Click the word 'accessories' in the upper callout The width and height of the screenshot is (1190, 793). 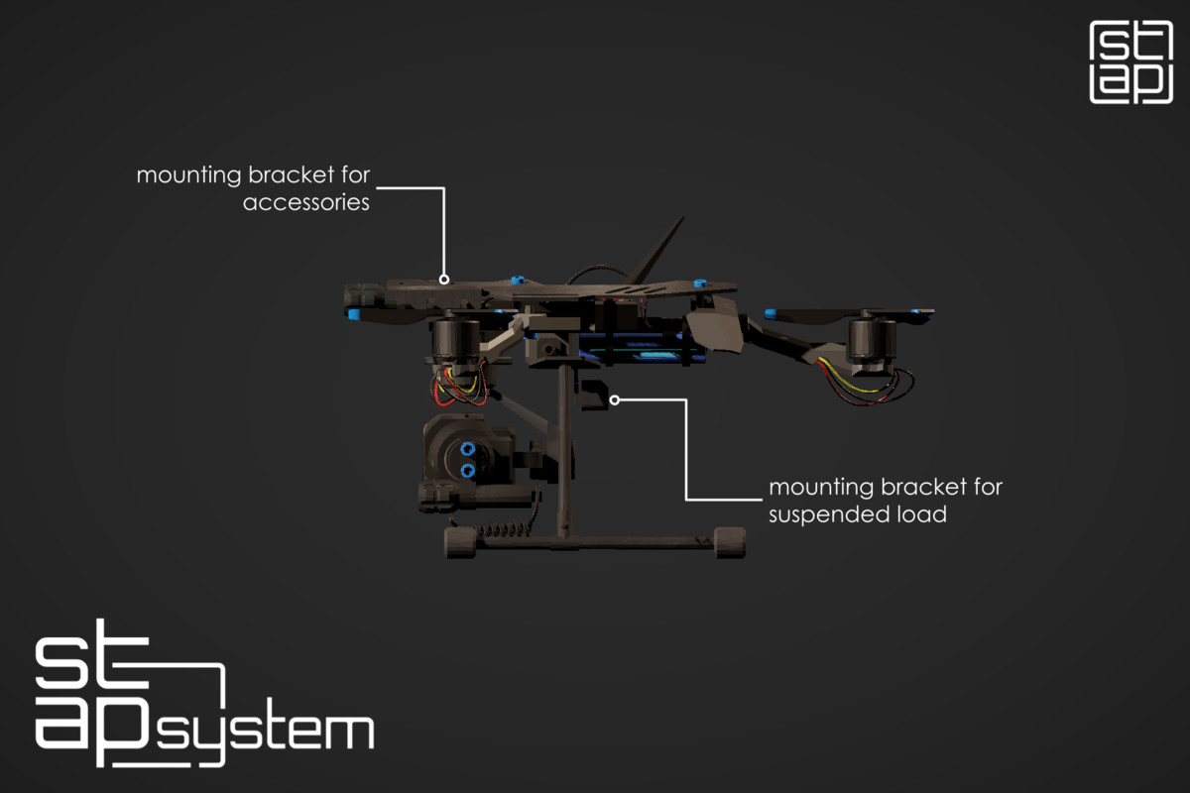tap(306, 202)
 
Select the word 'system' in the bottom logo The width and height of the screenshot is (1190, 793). tap(266, 733)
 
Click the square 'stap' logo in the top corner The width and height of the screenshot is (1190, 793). tap(1131, 62)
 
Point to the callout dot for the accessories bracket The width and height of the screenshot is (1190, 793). tap(444, 280)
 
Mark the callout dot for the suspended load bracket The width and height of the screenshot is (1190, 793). tap(615, 399)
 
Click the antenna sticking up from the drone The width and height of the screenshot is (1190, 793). tap(656, 250)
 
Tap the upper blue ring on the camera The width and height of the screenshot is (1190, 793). tap(467, 449)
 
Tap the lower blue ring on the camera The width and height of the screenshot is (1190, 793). tap(467, 471)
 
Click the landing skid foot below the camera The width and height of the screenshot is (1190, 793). tap(460, 542)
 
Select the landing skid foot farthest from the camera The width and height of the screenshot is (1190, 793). tap(730, 542)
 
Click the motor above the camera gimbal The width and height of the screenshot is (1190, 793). tap(456, 343)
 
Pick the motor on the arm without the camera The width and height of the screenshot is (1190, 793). tap(872, 344)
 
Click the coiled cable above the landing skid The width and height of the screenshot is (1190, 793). tap(505, 530)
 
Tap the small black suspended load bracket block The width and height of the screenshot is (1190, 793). tap(593, 395)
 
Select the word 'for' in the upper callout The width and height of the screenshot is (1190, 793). tap(355, 174)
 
